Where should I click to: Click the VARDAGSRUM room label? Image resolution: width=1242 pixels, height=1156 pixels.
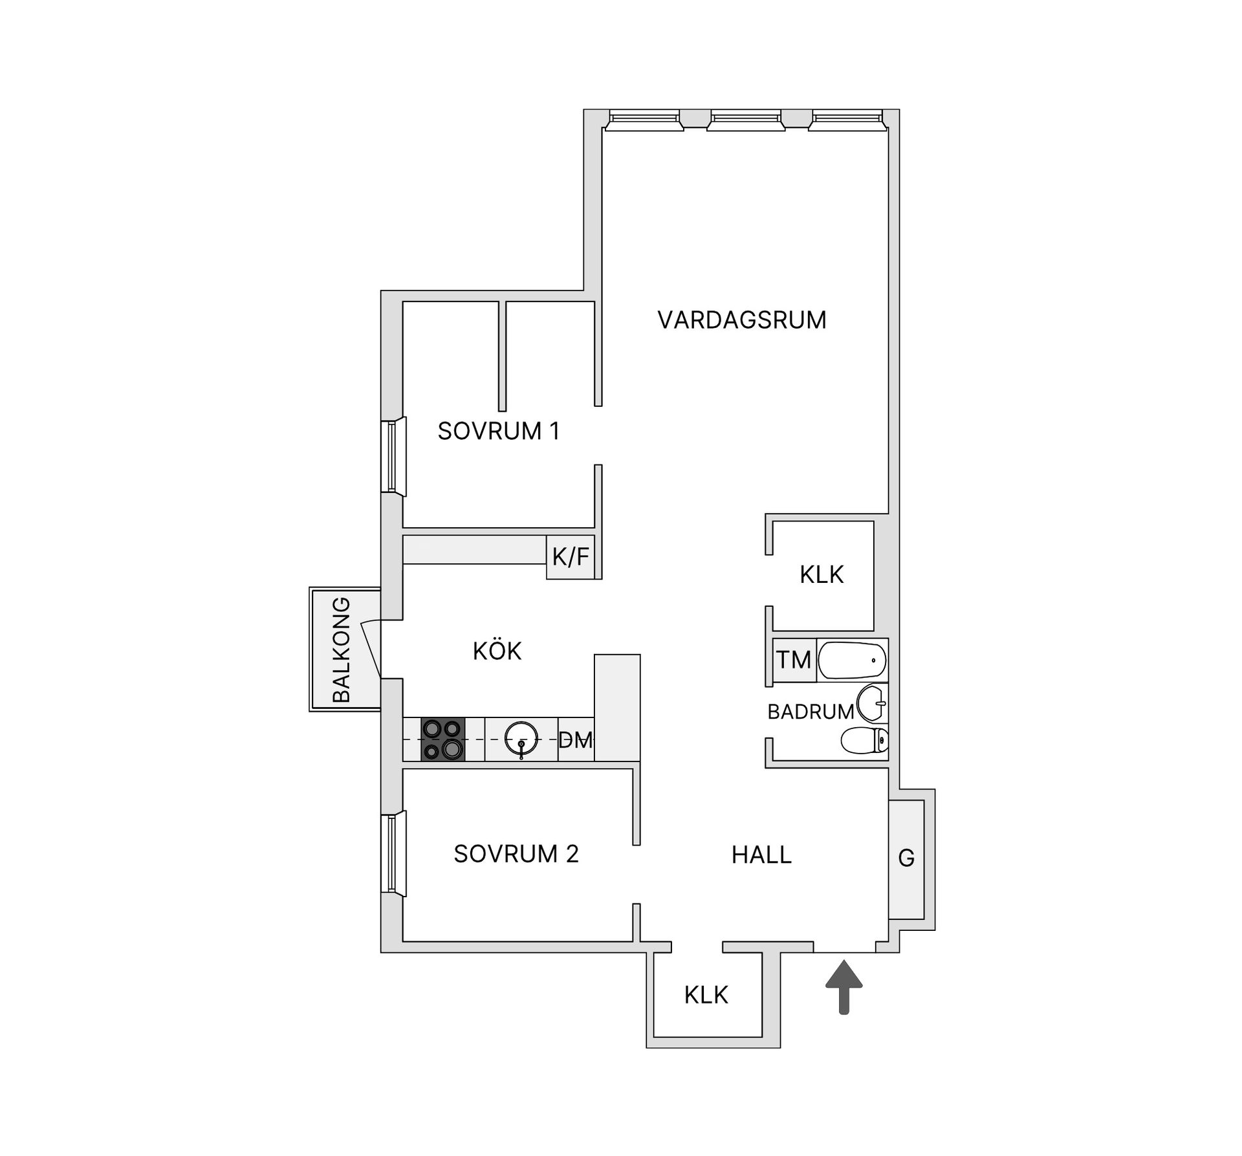point(742,320)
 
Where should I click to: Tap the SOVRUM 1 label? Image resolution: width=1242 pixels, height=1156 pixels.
point(498,431)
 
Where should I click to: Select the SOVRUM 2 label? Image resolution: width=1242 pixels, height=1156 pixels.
point(516,854)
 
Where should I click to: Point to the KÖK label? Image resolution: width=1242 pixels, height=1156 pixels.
point(497,651)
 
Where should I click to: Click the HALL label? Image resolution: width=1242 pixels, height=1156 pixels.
point(761,855)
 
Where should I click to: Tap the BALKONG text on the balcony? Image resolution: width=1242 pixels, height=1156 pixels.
point(341,649)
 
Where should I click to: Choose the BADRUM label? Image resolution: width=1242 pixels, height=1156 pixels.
point(811,712)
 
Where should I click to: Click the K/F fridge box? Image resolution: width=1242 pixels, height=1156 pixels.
point(571,556)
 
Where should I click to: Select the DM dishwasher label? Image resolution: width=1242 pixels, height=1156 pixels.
point(576,740)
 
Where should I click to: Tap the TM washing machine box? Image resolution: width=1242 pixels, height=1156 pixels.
point(794,660)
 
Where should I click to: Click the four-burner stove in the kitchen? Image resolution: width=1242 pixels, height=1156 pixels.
point(443,739)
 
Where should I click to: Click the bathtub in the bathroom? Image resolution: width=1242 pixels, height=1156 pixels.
point(852,660)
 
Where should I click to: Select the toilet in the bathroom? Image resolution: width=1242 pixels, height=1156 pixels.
point(865,741)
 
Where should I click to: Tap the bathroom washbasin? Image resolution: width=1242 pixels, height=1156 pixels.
point(871,703)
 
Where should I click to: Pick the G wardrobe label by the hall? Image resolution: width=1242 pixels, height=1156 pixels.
point(906,858)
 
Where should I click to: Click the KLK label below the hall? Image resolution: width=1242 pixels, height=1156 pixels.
point(706,994)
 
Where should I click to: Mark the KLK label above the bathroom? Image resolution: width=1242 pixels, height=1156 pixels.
point(822,574)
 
